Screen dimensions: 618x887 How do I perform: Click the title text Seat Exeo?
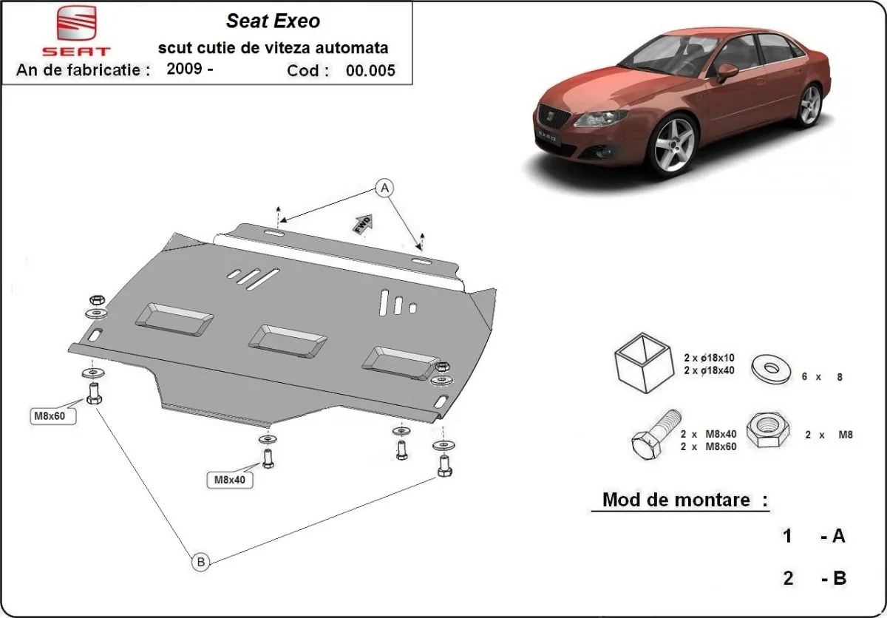[x=273, y=21]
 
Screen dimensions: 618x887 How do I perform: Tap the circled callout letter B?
[x=200, y=563]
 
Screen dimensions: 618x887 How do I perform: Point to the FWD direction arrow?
[x=363, y=225]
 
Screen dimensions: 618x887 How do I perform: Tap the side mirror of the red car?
[x=727, y=71]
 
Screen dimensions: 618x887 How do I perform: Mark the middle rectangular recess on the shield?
[x=288, y=337]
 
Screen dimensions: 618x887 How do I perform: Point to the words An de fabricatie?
[x=83, y=70]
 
